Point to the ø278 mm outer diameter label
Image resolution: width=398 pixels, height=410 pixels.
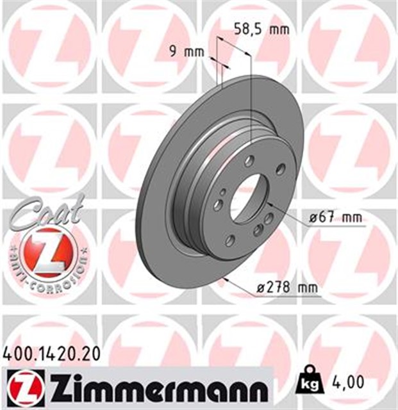(x=287, y=288)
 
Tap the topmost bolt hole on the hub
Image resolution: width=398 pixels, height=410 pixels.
(x=249, y=160)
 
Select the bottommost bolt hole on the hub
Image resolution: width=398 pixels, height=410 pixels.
(x=229, y=240)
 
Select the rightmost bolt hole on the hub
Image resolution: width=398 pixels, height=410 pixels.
(x=280, y=168)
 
